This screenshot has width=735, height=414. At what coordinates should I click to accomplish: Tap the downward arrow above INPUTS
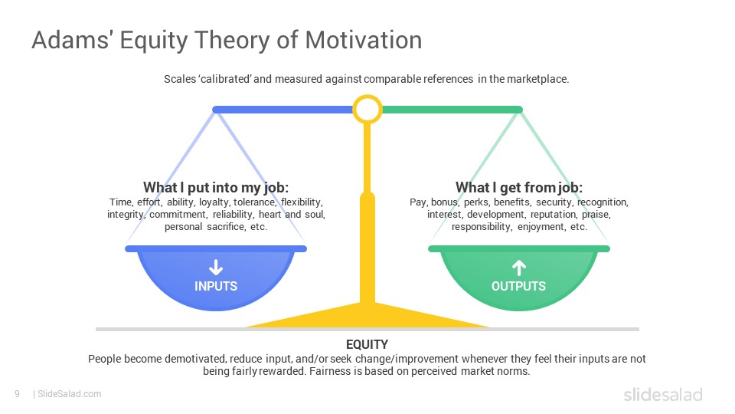(x=216, y=267)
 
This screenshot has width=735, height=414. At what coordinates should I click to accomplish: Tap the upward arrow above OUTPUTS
(x=518, y=268)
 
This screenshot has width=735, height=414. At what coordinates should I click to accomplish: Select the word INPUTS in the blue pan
(x=216, y=286)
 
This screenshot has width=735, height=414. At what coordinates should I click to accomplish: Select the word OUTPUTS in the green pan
(x=518, y=286)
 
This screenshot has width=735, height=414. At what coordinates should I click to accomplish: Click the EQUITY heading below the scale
(x=367, y=344)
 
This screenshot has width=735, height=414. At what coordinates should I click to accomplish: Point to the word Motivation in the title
(x=364, y=40)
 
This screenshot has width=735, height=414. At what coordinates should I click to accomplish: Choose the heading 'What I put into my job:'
(x=216, y=187)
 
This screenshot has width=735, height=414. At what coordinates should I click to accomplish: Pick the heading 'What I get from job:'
(x=519, y=187)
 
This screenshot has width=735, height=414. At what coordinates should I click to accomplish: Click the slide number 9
(x=18, y=394)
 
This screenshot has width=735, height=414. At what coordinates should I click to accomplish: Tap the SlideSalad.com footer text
(x=69, y=394)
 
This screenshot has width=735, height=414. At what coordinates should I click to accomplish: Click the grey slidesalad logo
(x=663, y=394)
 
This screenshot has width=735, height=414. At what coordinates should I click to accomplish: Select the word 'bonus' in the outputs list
(x=444, y=202)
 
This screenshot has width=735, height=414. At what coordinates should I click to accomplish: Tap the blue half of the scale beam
(x=283, y=110)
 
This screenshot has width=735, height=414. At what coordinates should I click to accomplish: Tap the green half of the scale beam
(x=452, y=110)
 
